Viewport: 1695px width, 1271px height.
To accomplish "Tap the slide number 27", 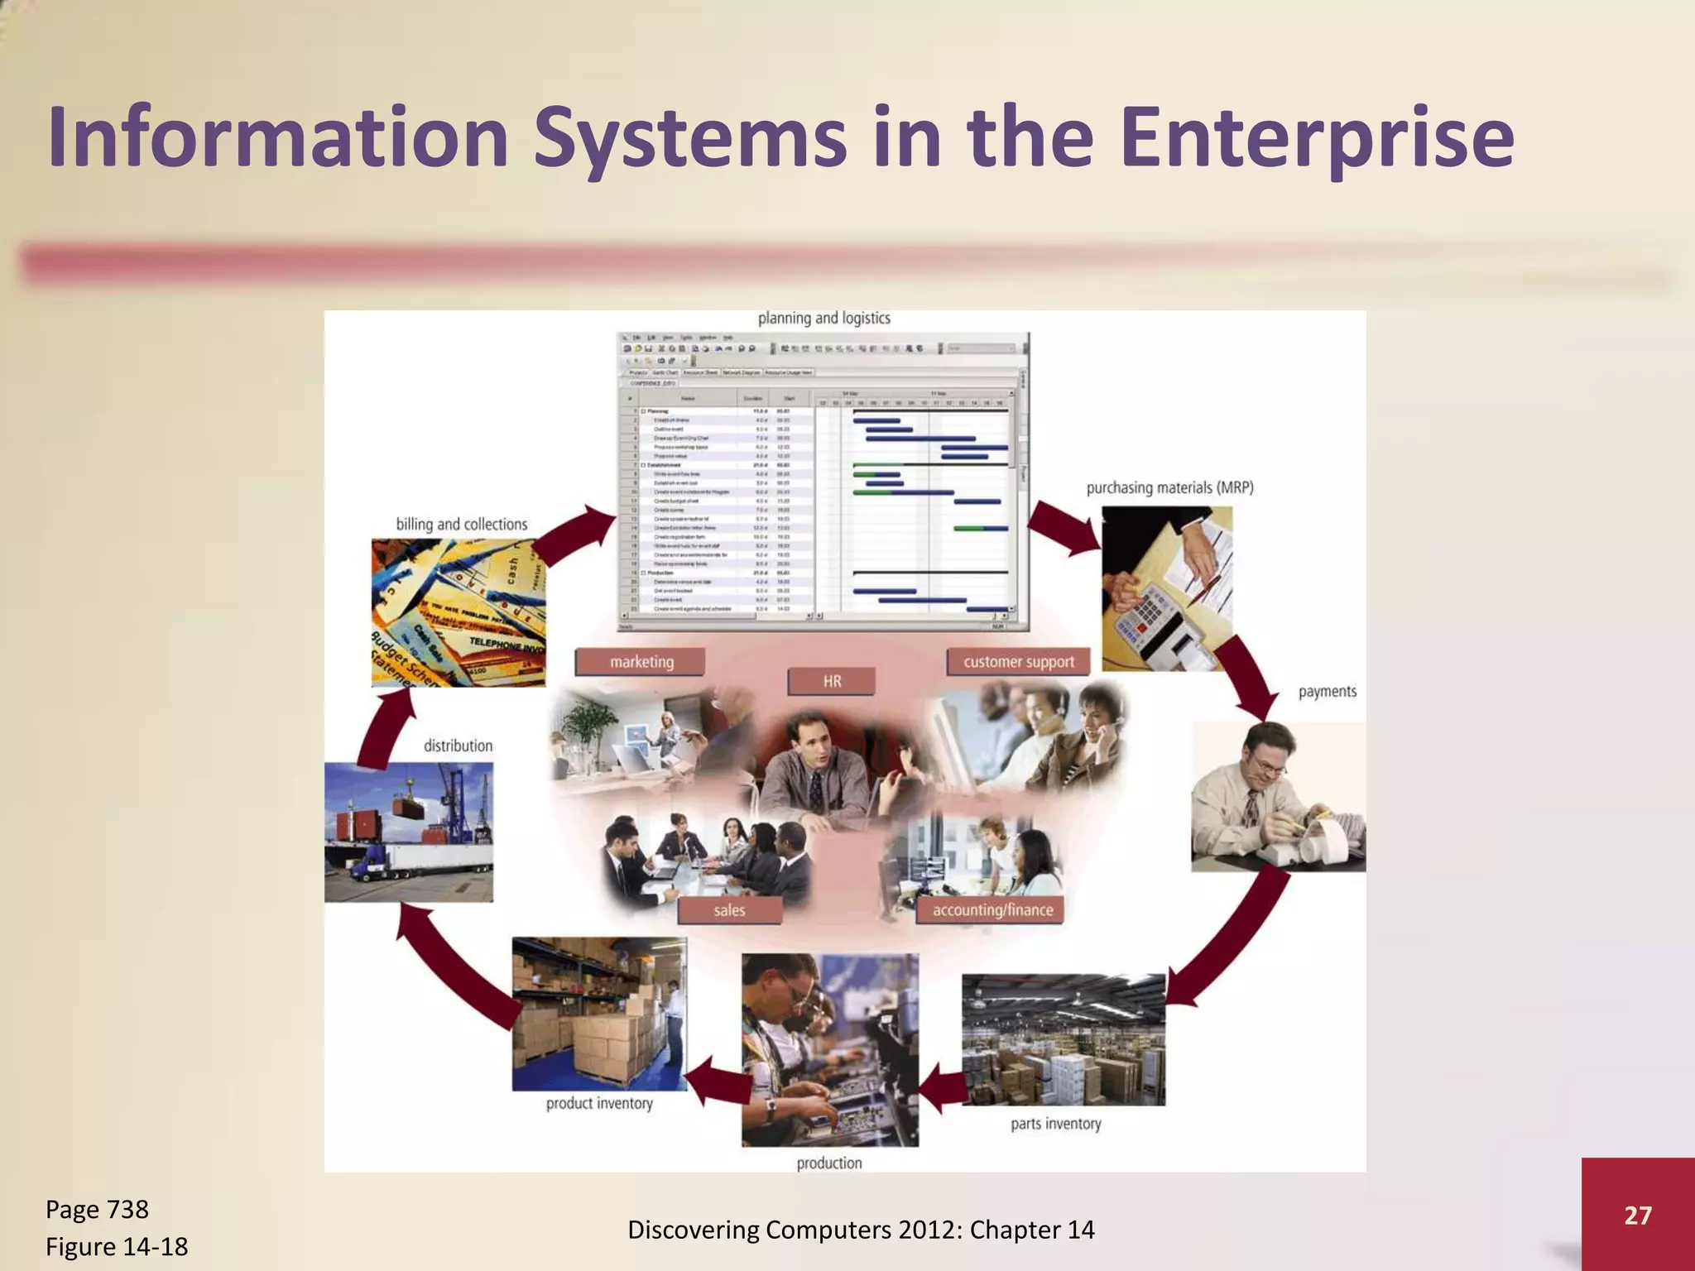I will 1637,1215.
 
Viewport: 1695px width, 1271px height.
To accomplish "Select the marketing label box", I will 641,662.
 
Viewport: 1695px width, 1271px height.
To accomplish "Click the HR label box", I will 832,681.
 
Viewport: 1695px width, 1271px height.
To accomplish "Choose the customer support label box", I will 1018,662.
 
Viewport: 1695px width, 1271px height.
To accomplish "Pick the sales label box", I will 729,910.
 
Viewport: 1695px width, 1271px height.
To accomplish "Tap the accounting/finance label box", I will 992,910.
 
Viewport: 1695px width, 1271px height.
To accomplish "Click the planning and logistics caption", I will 823,319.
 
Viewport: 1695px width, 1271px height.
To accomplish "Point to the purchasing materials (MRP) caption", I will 1169,488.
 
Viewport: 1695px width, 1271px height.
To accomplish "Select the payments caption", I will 1327,692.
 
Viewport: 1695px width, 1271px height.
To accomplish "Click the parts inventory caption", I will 1055,1124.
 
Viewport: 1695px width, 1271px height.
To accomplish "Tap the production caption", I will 829,1163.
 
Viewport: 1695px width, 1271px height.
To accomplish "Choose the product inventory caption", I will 599,1103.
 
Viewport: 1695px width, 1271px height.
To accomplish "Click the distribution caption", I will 458,746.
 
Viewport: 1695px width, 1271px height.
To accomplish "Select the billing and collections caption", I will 461,525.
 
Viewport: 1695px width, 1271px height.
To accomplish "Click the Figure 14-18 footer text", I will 117,1246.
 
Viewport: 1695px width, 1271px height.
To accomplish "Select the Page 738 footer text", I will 97,1210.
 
